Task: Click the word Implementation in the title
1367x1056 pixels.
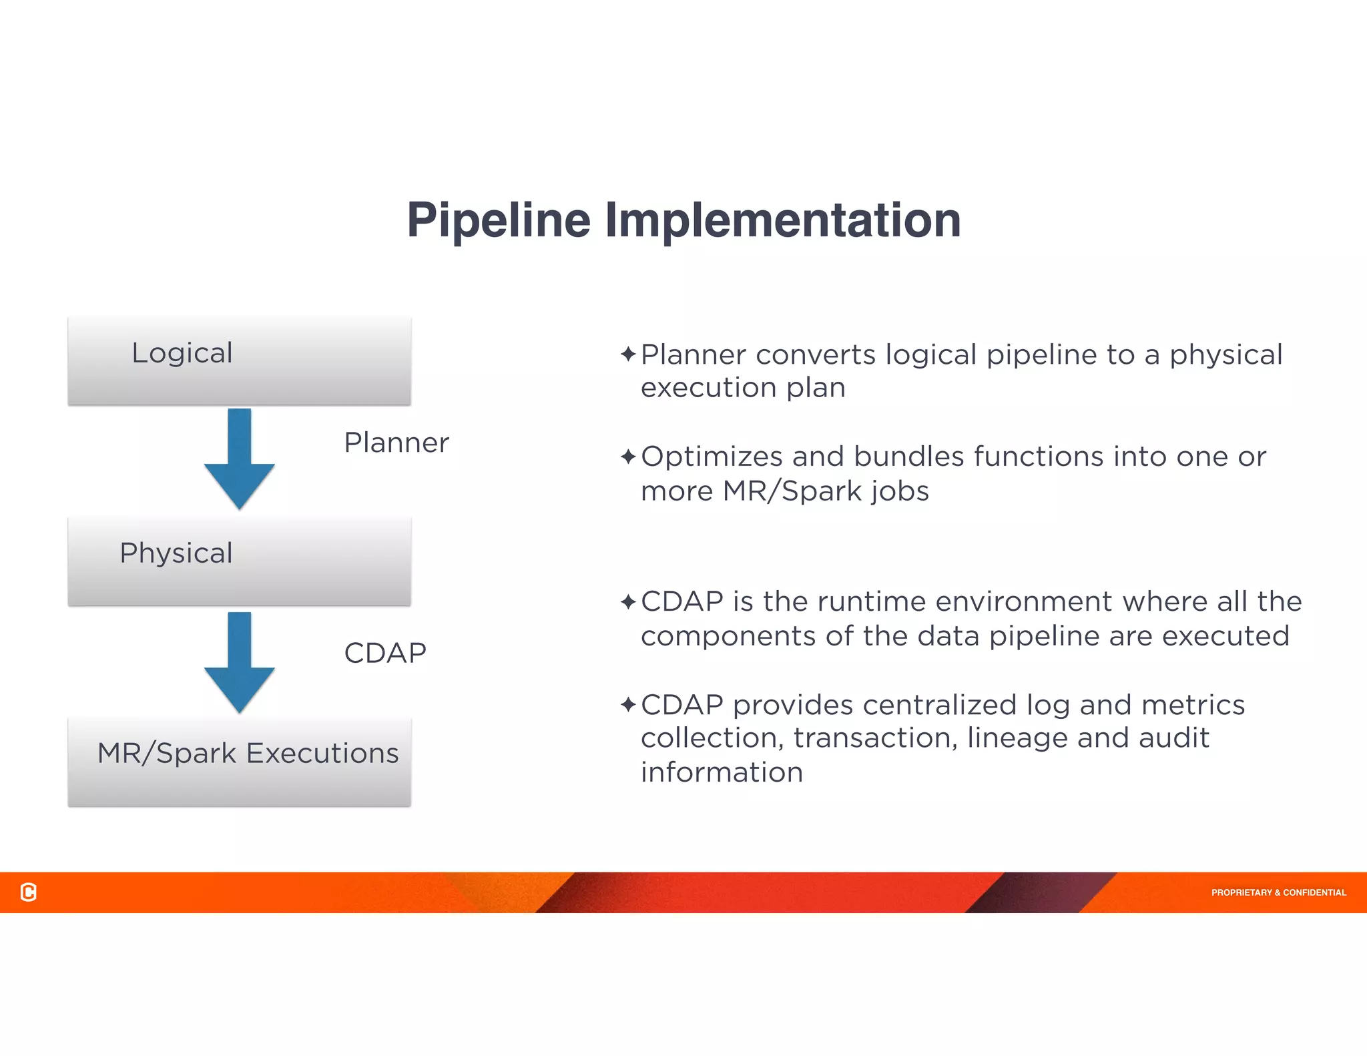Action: click(x=782, y=220)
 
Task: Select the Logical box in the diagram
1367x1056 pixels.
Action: click(x=239, y=360)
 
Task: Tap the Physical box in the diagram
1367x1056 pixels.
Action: click(x=239, y=561)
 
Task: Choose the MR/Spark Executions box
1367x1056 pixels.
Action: click(x=239, y=761)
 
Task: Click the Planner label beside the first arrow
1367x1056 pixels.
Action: click(x=396, y=443)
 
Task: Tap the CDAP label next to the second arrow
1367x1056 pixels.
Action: click(x=385, y=653)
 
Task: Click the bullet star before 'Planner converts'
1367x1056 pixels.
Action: click(x=627, y=354)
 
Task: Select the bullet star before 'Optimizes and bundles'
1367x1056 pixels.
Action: click(x=627, y=457)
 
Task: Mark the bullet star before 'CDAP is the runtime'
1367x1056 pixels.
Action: click(x=627, y=602)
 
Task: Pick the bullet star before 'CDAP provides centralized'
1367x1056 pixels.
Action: click(x=627, y=705)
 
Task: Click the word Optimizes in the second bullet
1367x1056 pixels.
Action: click(x=712, y=457)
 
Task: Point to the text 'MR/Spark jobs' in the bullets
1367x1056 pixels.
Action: click(x=825, y=492)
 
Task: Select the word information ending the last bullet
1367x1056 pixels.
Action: click(x=722, y=772)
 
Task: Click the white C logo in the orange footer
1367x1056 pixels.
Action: click(x=29, y=892)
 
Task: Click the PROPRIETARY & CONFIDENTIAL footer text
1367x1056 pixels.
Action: click(x=1278, y=892)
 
